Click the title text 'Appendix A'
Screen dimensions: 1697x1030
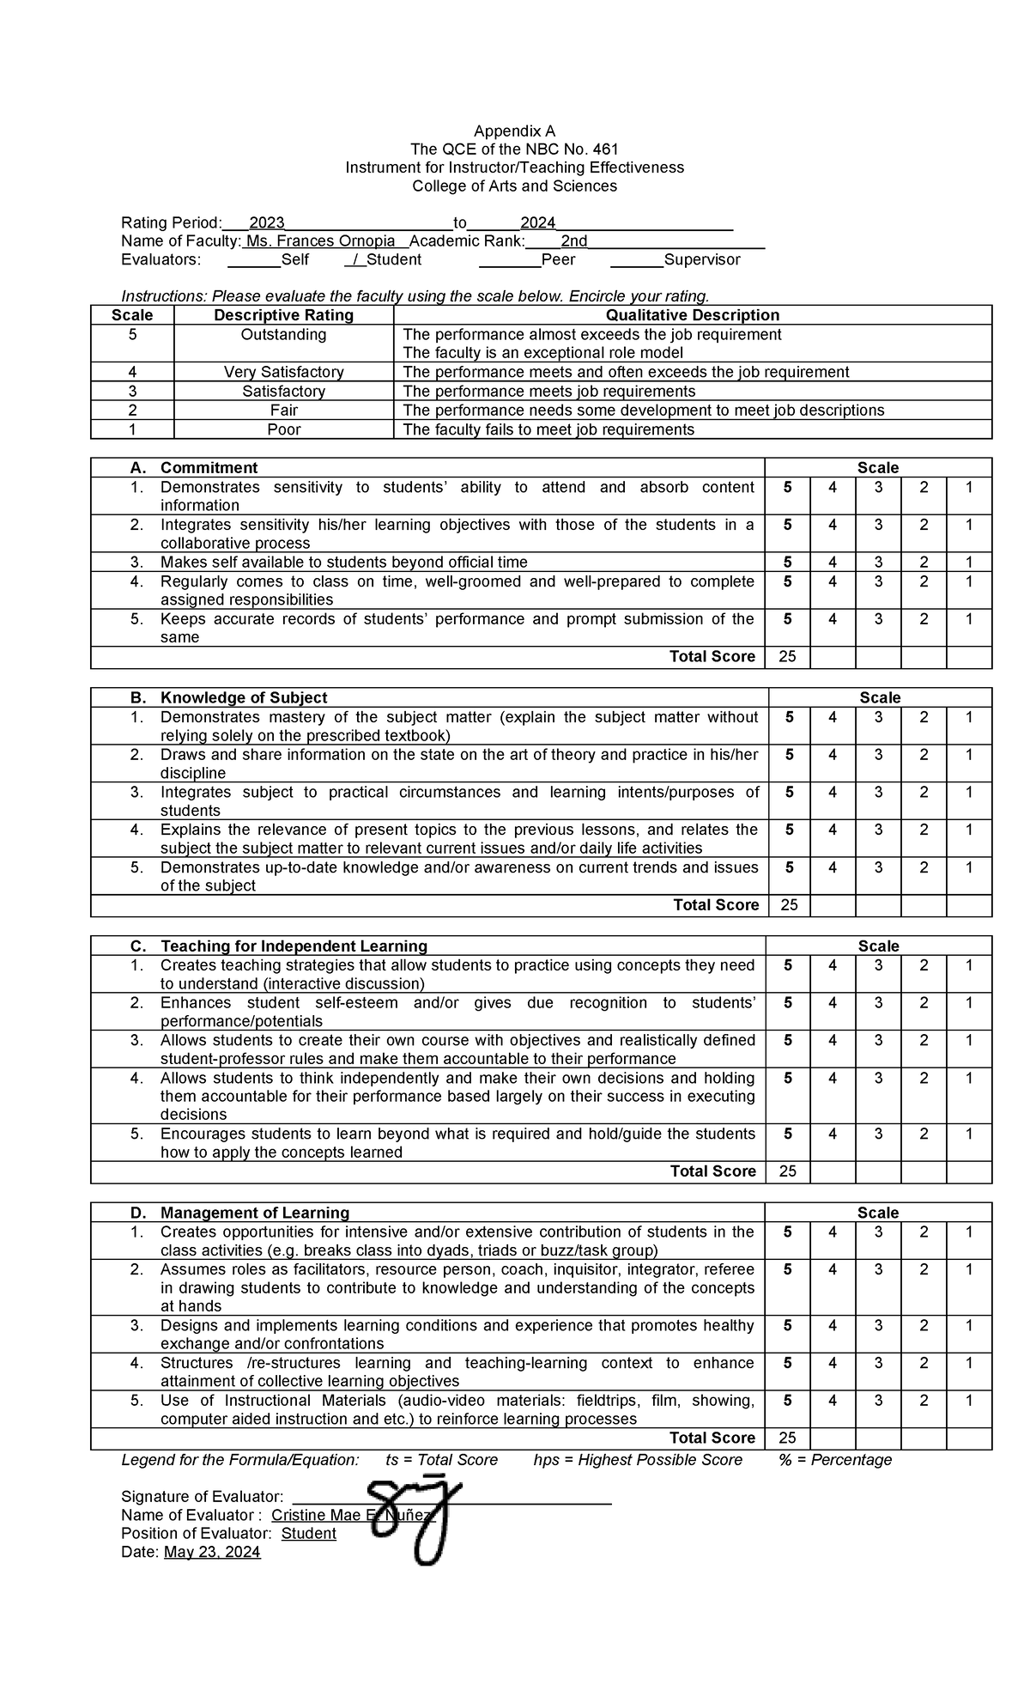[514, 131]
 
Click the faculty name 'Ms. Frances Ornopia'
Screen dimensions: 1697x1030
[320, 241]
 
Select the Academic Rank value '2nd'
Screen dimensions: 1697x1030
[573, 241]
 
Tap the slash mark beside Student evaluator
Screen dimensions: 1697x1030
[353, 260]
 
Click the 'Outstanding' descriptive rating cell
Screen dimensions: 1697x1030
[283, 335]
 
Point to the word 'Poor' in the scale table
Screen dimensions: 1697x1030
[283, 429]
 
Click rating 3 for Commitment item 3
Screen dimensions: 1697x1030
[878, 563]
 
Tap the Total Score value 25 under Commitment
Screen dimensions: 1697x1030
[787, 657]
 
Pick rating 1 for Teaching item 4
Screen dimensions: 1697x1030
[968, 1078]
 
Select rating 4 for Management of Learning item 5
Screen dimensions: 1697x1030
[833, 1401]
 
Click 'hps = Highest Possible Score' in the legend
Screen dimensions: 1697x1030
[637, 1460]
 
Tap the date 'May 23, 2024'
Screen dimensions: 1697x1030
[212, 1552]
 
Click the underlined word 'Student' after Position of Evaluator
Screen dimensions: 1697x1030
[308, 1534]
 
